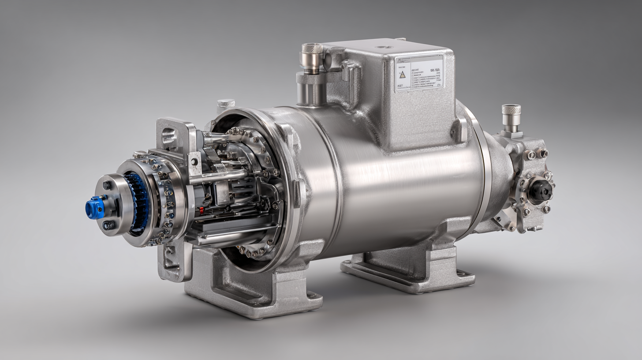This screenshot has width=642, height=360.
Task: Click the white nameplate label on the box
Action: click(419, 73)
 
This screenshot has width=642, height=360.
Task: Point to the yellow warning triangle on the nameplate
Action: click(402, 74)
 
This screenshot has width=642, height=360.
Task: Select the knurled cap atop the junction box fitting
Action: click(311, 51)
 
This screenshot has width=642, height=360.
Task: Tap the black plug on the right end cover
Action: click(540, 190)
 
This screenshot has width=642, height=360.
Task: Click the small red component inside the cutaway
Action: click(202, 210)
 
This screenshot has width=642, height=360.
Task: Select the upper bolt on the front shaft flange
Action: click(107, 185)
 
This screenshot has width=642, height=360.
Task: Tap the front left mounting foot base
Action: click(254, 304)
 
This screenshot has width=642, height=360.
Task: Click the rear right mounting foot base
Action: click(408, 278)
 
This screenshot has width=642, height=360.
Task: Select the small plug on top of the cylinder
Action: click(226, 103)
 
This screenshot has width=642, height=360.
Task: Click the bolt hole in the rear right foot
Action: click(461, 274)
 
